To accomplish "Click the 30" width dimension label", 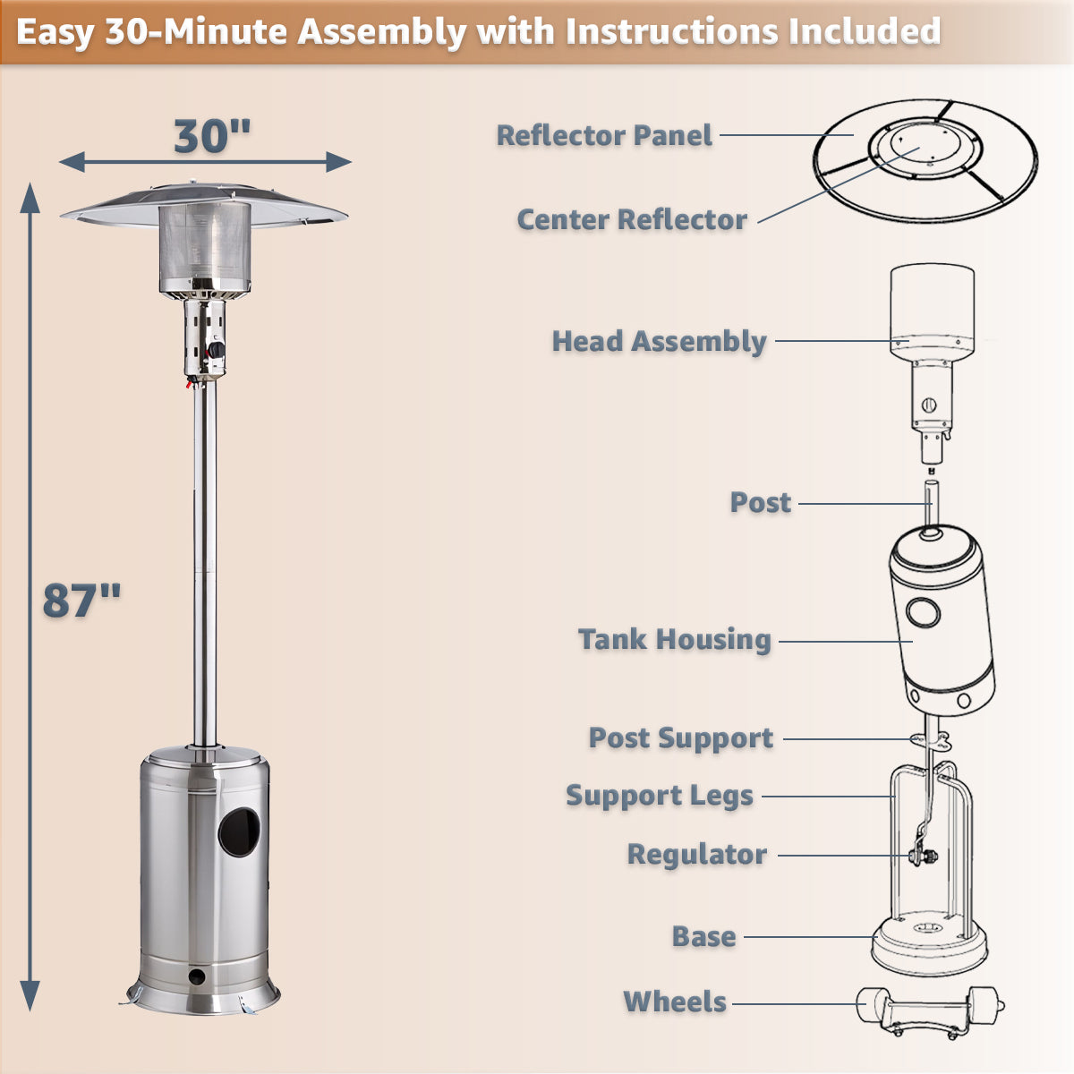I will pyautogui.click(x=212, y=136).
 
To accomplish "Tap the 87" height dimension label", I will pyautogui.click(x=81, y=600).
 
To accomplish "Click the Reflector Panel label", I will pyautogui.click(x=604, y=136).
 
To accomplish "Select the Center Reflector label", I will pyautogui.click(x=632, y=219).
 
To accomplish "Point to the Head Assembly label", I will pyautogui.click(x=659, y=341).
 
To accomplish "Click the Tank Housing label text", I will pyautogui.click(x=674, y=639).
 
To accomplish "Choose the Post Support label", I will pyautogui.click(x=680, y=738).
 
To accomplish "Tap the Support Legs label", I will pyautogui.click(x=660, y=796).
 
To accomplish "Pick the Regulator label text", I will pyautogui.click(x=696, y=855).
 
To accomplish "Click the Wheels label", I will pyautogui.click(x=675, y=1002).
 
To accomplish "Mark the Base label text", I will pyautogui.click(x=704, y=937).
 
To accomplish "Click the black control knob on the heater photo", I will pyautogui.click(x=217, y=349).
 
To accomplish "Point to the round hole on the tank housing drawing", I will pyautogui.click(x=922, y=613).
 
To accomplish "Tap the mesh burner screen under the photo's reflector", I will pyautogui.click(x=205, y=245).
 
